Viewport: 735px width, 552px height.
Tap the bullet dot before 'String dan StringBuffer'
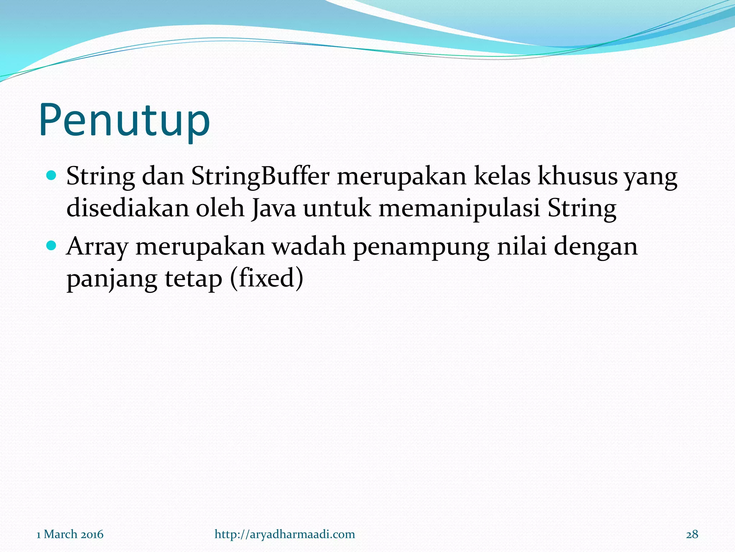pyautogui.click(x=52, y=176)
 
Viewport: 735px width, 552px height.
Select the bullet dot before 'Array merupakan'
pyautogui.click(x=52, y=246)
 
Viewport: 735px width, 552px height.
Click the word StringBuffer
pyautogui.click(x=260, y=177)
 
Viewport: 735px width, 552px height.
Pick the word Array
pyautogui.click(x=97, y=247)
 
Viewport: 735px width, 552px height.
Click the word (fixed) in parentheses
pyautogui.click(x=266, y=278)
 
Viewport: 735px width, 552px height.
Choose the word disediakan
pyautogui.click(x=128, y=208)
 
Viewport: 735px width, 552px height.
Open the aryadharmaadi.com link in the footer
pyautogui.click(x=285, y=534)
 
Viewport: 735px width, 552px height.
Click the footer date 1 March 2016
pyautogui.click(x=70, y=534)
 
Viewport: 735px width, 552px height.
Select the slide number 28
pyautogui.click(x=692, y=534)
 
